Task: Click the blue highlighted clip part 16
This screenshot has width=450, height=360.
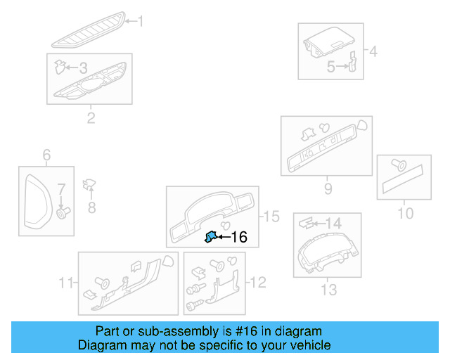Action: tap(210, 238)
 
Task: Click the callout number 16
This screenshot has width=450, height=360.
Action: tap(239, 238)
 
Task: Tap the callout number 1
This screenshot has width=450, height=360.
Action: tap(139, 22)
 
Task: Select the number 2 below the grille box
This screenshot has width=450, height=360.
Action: tap(91, 117)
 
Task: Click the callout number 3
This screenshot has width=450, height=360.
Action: tap(82, 68)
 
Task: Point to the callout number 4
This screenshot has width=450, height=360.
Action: tap(372, 51)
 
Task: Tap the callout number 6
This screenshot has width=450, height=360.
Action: tap(46, 155)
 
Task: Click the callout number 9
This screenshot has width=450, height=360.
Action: tap(328, 188)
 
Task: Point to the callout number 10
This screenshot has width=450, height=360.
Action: tap(406, 213)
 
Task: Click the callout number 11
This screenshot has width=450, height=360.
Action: tap(66, 283)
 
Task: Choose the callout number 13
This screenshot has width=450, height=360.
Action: tap(328, 289)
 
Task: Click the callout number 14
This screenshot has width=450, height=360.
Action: tap(333, 223)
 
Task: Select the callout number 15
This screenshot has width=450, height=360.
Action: tap(271, 217)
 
